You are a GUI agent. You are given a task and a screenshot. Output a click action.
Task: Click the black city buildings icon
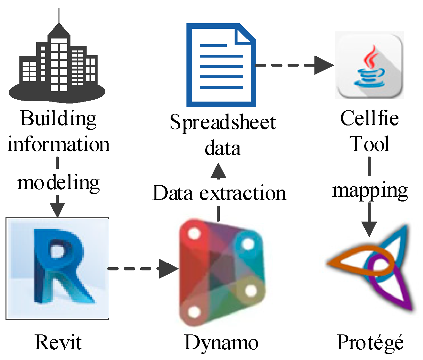point(58,65)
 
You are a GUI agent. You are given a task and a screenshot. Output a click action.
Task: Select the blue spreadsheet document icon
point(221,65)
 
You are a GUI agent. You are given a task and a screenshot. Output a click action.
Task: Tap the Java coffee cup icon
point(369,65)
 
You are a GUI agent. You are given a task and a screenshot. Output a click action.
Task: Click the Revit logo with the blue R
point(58,268)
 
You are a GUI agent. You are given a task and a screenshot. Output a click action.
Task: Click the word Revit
point(58,342)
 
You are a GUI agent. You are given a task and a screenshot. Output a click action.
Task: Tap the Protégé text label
point(370,342)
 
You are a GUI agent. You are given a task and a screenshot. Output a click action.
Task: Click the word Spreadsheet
point(223,123)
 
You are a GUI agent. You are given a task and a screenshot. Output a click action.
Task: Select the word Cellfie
point(369,118)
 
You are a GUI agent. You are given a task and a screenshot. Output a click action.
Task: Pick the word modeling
point(58,183)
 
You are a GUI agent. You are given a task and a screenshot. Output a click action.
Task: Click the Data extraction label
point(219,193)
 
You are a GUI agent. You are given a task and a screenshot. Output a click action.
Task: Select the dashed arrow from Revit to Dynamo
point(142,268)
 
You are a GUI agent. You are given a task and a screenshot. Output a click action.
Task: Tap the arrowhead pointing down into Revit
point(58,210)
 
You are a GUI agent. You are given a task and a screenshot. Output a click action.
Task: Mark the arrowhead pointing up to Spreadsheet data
point(218,171)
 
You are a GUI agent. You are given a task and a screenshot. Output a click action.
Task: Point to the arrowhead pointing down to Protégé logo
point(369,229)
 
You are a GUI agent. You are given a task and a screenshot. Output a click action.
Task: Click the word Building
point(58,119)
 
